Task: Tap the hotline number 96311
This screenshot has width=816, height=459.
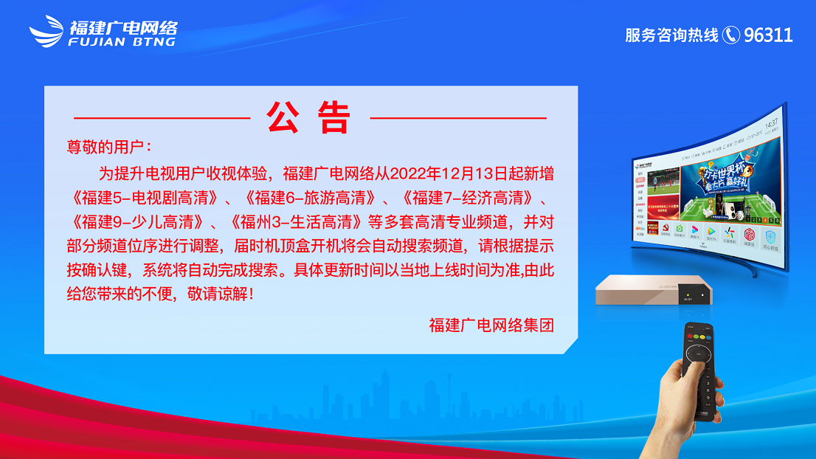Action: tap(768, 35)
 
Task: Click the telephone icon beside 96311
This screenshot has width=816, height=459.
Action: tap(730, 35)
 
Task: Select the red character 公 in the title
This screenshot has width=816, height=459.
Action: tap(283, 117)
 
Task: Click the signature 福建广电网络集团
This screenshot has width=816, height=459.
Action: tap(491, 325)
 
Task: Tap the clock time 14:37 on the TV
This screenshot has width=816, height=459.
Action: tap(771, 123)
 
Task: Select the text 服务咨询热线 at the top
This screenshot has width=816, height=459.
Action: tap(671, 35)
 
